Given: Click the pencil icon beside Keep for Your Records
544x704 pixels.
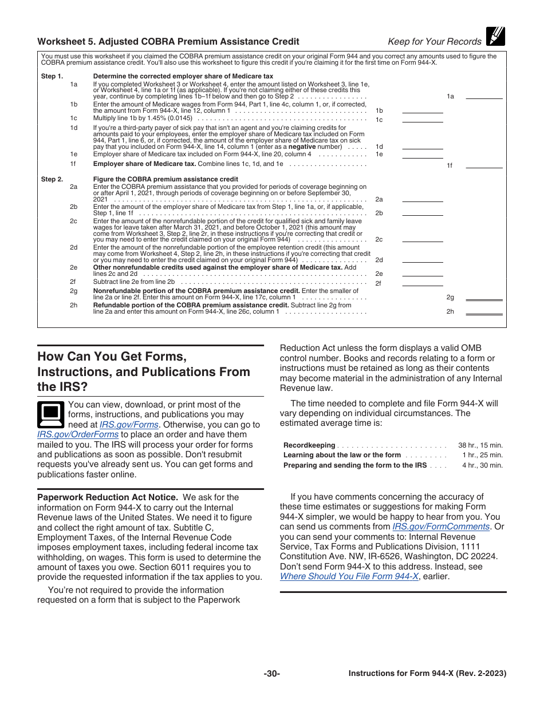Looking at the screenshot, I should pos(495,37).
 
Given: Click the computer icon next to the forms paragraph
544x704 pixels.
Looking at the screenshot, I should pos(50,414).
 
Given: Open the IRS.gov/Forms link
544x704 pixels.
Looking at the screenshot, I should pos(129,425).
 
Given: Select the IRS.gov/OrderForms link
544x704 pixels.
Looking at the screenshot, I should pos(78,434).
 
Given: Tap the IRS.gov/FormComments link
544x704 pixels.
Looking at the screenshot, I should pos(441,527).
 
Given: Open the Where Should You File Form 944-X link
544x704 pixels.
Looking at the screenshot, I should pos(349,576).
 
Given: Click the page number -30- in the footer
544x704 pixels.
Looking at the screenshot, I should pos(272,674).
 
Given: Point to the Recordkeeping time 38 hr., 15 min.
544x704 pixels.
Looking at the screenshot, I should pos(480,445).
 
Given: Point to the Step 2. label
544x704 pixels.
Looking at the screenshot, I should pos(52,179).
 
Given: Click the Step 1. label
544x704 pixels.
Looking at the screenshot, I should pos(52,76).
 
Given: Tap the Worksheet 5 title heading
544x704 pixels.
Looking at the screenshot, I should pos(168,41).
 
